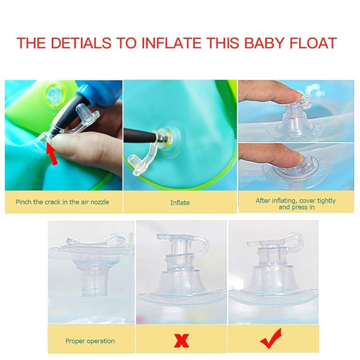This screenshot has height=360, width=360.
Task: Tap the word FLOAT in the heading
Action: click(x=314, y=43)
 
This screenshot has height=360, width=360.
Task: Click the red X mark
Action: click(x=181, y=340)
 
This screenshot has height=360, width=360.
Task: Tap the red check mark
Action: click(x=271, y=338)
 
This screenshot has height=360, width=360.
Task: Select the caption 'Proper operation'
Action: click(x=90, y=340)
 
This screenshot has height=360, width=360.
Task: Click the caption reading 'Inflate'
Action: click(x=180, y=203)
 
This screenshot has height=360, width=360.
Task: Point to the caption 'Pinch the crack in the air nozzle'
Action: click(x=63, y=202)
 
